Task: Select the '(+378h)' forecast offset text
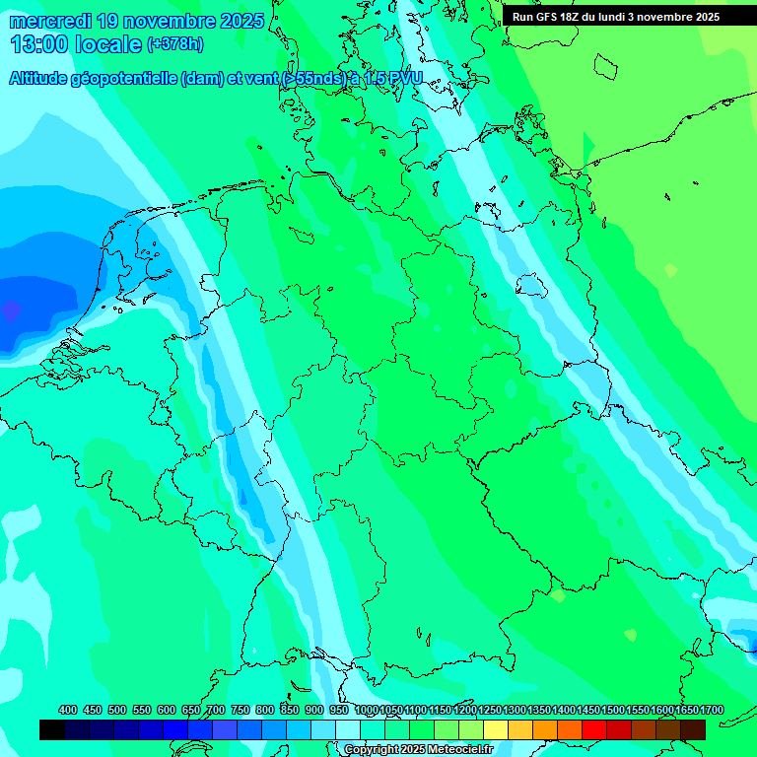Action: (x=175, y=43)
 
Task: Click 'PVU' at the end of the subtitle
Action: (x=403, y=79)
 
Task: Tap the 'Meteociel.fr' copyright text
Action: (x=459, y=750)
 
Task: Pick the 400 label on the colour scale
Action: (x=68, y=711)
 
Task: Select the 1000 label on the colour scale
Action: (x=366, y=711)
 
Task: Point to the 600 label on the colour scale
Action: (x=167, y=711)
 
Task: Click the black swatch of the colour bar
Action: (x=52, y=729)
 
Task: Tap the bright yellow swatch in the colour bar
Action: (x=496, y=729)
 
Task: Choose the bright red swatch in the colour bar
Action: (x=594, y=729)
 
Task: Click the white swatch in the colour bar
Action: (x=348, y=729)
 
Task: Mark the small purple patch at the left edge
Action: (x=10, y=311)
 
